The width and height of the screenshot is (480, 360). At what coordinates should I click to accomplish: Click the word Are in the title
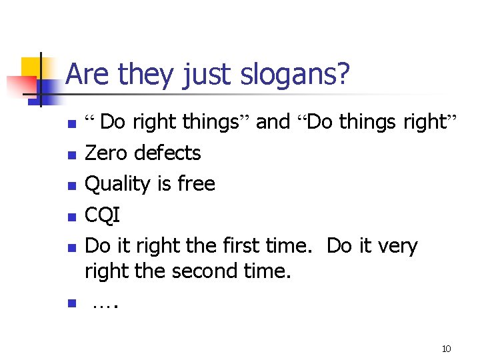[89, 75]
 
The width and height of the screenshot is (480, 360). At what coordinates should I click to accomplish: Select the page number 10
[447, 349]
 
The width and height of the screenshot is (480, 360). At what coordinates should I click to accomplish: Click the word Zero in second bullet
[108, 153]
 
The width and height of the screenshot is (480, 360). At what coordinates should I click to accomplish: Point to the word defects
[167, 153]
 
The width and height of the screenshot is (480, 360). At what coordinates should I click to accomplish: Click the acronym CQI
[103, 215]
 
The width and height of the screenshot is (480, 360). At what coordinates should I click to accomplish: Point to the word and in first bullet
[273, 122]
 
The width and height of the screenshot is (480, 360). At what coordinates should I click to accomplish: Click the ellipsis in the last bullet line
[105, 305]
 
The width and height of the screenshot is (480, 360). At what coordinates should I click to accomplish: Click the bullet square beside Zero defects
[72, 155]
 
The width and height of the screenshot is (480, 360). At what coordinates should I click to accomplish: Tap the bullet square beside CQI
[72, 217]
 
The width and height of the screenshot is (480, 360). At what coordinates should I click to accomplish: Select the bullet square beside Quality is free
[72, 185]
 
